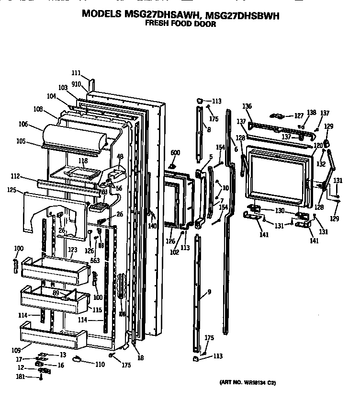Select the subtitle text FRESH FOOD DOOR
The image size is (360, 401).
[180, 23]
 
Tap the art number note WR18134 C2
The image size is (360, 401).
[247, 382]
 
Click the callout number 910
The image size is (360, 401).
[76, 83]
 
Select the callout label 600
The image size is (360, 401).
[175, 152]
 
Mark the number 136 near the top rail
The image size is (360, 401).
[247, 106]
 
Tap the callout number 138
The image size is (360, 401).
[312, 113]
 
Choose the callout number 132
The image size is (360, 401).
[321, 164]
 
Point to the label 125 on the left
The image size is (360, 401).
[12, 190]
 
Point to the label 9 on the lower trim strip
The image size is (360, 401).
[209, 292]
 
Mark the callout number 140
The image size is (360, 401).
[152, 226]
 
